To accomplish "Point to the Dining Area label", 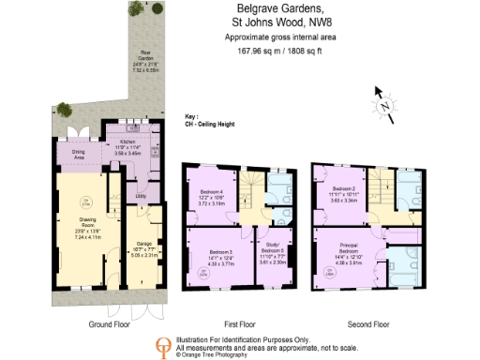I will [x=81, y=154].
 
